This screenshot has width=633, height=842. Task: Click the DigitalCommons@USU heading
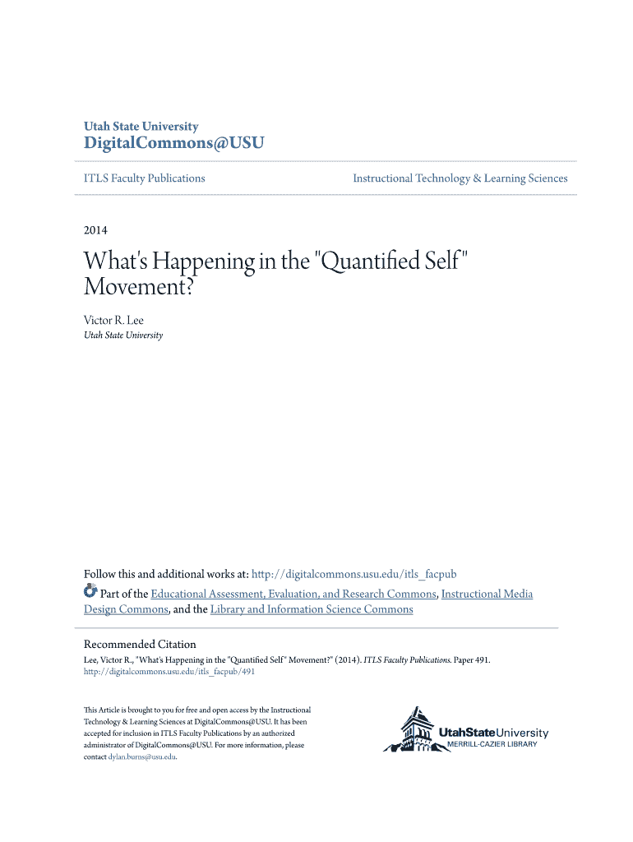[x=174, y=144]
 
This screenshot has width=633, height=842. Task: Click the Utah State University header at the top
[x=141, y=127]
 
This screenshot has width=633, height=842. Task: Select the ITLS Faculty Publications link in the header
[x=145, y=178]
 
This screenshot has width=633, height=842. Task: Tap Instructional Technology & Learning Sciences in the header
[x=460, y=178]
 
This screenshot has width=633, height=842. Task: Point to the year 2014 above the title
[x=95, y=230]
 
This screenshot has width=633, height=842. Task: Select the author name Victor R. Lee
[x=113, y=320]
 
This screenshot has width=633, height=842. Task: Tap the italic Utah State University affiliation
[x=123, y=335]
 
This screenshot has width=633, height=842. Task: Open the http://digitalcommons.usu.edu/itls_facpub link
[x=353, y=574]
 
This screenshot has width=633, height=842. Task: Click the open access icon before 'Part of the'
[x=90, y=592]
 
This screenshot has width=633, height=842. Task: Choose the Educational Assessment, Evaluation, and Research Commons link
[x=293, y=594]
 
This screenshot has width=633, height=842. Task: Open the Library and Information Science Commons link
[x=312, y=609]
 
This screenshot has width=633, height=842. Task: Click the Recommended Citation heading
[x=140, y=645]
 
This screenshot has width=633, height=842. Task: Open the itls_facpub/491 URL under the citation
[x=169, y=672]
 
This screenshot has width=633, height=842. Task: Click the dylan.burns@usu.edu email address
[x=142, y=756]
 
